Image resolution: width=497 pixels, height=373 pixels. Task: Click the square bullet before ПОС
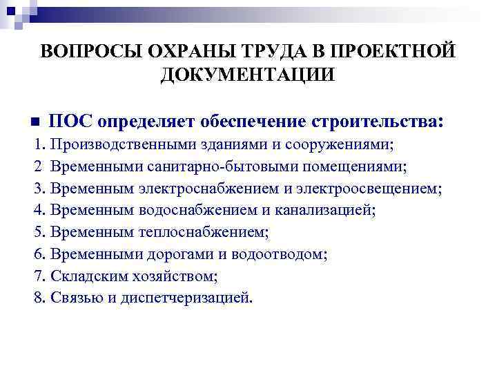click(x=35, y=122)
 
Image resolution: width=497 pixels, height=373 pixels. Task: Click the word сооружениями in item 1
click(x=316, y=145)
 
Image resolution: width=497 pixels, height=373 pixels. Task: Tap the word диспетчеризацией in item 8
click(x=188, y=298)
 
